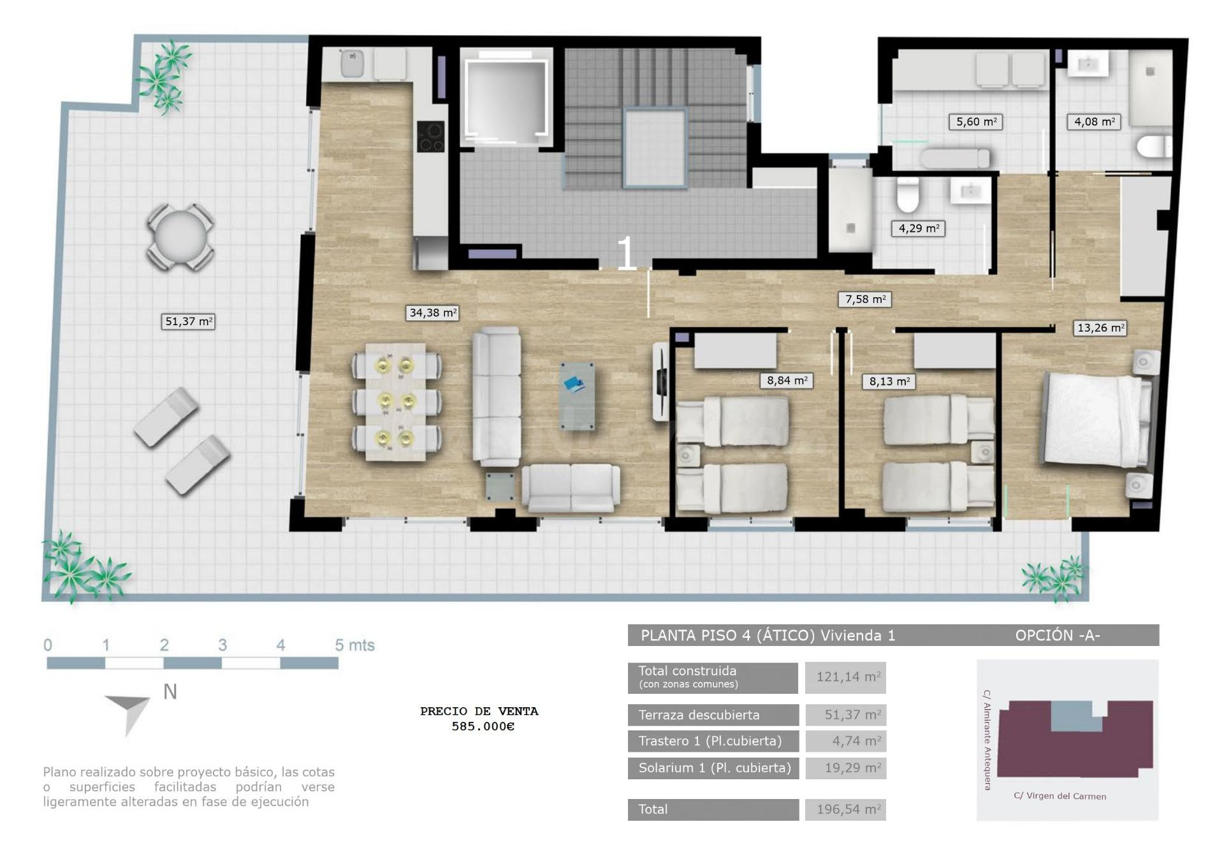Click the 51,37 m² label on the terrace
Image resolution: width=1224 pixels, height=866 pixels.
click(x=188, y=321)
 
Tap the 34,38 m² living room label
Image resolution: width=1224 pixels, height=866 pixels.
click(x=432, y=312)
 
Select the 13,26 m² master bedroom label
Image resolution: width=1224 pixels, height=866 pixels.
click(x=1100, y=328)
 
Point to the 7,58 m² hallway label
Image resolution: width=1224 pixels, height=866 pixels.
click(x=864, y=299)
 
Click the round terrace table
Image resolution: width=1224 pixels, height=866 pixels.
click(x=180, y=237)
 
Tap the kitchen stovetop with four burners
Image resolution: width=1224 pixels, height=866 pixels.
click(x=430, y=136)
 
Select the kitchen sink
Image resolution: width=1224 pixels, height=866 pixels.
click(x=352, y=63)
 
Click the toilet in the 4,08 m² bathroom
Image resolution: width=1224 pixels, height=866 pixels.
click(x=1155, y=147)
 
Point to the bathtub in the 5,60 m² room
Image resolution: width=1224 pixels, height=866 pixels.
click(x=955, y=158)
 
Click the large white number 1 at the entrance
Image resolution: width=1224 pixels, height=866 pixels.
click(x=626, y=253)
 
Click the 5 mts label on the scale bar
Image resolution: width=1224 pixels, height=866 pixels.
click(x=354, y=645)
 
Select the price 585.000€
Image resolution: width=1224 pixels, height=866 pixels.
click(x=483, y=726)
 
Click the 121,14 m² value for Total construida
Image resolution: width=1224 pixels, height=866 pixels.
click(x=848, y=677)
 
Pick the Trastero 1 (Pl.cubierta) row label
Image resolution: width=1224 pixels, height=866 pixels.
click(x=710, y=741)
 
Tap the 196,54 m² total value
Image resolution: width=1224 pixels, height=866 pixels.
click(x=848, y=809)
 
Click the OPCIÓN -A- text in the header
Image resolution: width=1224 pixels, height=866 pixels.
click(x=1058, y=635)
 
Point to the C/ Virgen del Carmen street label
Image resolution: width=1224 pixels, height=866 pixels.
click(x=1060, y=796)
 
